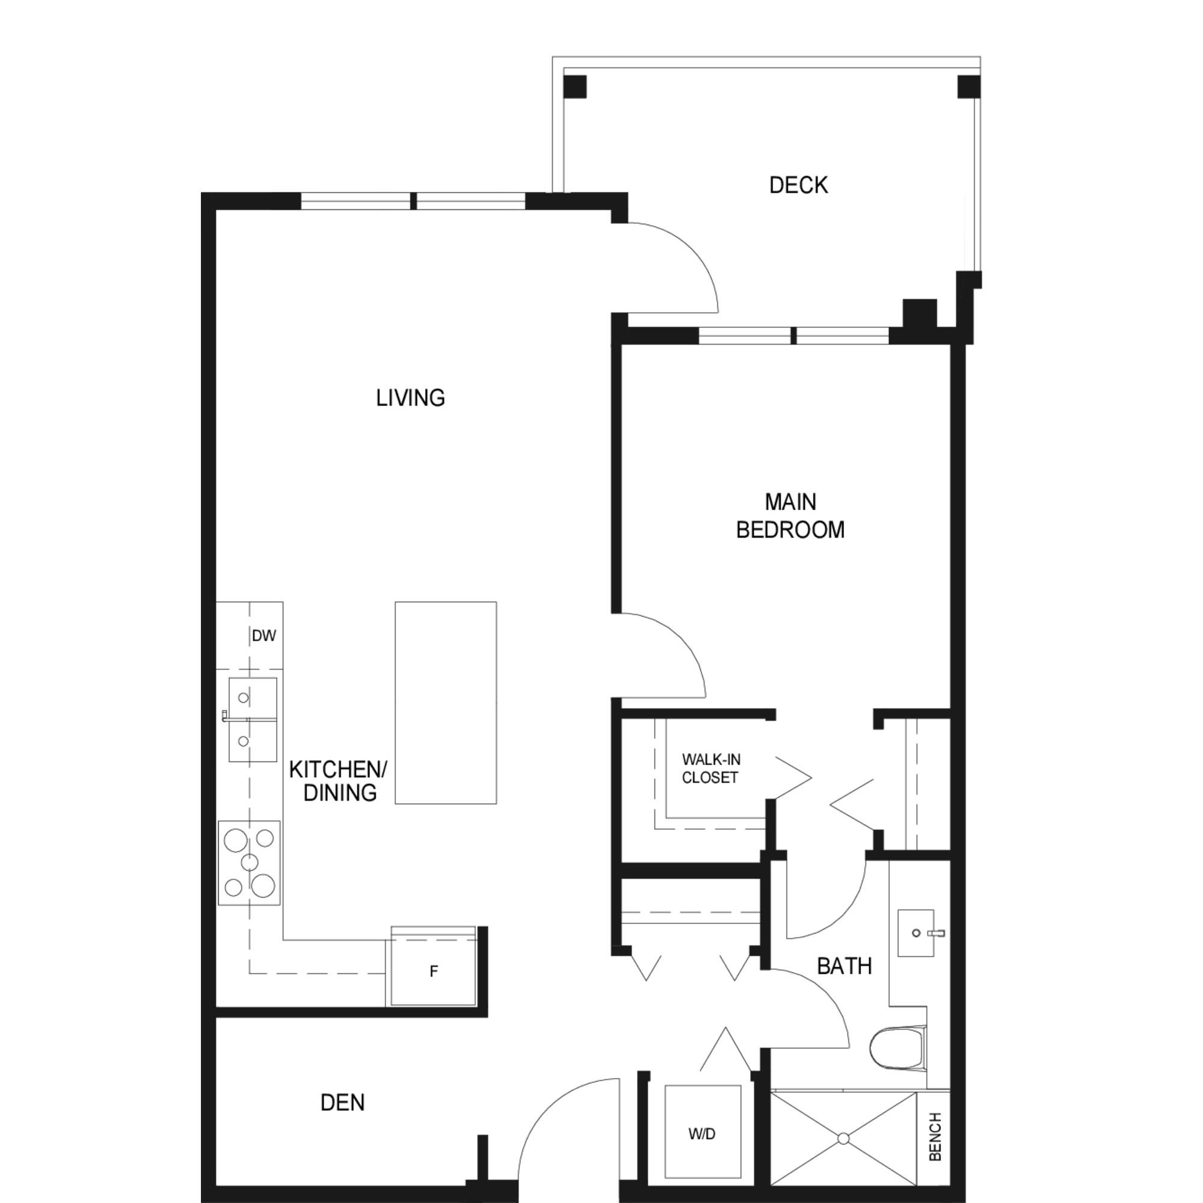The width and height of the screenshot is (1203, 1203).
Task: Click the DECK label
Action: [798, 185]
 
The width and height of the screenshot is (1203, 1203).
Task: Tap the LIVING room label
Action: [410, 397]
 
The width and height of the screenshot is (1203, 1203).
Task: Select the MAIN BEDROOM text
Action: [790, 515]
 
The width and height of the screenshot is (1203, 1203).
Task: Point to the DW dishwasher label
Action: [263, 636]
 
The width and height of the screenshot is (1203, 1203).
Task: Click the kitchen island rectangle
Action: [446, 703]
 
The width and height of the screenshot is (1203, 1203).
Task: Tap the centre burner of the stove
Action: [250, 862]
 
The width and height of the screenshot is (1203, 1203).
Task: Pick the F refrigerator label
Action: [434, 971]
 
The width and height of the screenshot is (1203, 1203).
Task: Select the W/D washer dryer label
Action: [702, 1134]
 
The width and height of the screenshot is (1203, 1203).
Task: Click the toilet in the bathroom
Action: [896, 1047]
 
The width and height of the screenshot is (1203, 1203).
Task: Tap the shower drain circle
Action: [843, 1139]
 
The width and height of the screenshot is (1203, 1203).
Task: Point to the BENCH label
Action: [935, 1137]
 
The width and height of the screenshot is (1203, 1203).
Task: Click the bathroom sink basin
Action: [916, 932]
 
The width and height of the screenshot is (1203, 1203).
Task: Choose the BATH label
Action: [844, 967]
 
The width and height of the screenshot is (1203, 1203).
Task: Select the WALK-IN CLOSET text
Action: [710, 768]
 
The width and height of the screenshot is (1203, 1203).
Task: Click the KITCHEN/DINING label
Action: [338, 781]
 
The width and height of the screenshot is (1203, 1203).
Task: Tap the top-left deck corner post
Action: [574, 86]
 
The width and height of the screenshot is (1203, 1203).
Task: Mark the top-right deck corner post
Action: [968, 86]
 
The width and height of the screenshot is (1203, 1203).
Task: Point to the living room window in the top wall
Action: [413, 200]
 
